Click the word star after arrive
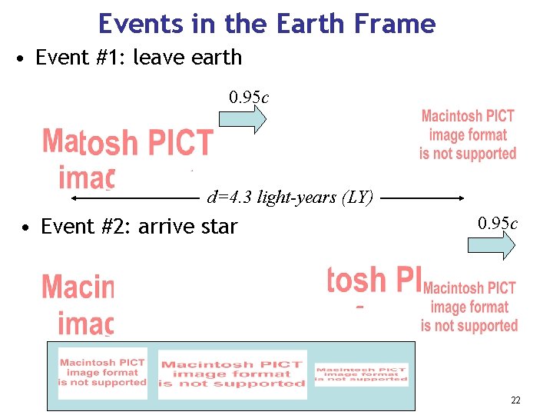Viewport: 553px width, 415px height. coord(217,227)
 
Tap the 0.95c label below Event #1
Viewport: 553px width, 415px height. coord(249,98)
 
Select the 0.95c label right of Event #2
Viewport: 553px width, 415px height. coord(498,224)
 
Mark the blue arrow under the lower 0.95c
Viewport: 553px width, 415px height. coord(492,245)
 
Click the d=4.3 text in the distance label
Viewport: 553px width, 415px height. coord(230,198)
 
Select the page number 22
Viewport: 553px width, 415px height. coord(515,400)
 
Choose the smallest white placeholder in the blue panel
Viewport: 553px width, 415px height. coord(361,374)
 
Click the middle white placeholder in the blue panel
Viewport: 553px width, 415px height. coord(232,374)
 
